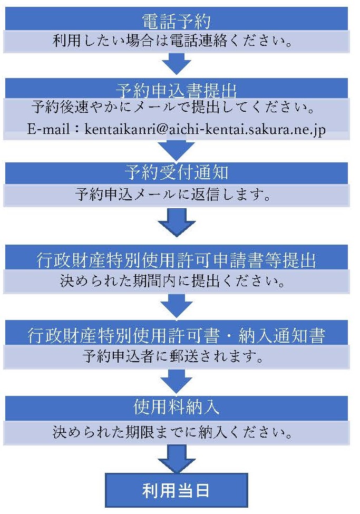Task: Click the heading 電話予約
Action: (x=176, y=22)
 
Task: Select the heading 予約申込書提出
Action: (x=176, y=91)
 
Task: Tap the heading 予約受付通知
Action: (x=176, y=172)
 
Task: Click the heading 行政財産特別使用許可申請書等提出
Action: (x=176, y=260)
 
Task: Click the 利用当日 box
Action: (x=177, y=490)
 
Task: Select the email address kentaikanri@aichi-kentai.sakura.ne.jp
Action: (x=205, y=129)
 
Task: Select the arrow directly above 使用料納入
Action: (x=177, y=382)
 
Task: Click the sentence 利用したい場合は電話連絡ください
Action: (x=172, y=41)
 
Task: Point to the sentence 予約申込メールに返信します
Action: (x=173, y=195)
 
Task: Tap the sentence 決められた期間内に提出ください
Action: (x=172, y=281)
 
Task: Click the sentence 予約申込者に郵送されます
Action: (x=173, y=356)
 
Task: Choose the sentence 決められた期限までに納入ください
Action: (x=172, y=432)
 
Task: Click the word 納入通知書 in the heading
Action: (x=281, y=336)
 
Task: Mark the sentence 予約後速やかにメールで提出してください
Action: (x=173, y=107)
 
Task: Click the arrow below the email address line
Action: (x=177, y=150)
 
